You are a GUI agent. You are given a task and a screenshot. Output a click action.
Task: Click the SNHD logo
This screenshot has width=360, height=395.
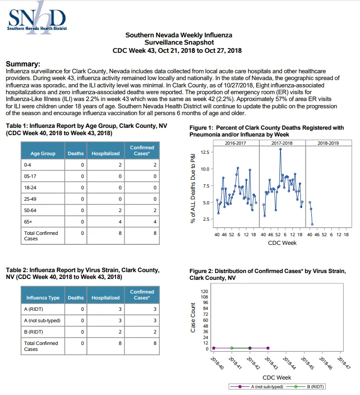[37, 18]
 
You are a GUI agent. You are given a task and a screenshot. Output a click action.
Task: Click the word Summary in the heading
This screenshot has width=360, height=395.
[23, 64]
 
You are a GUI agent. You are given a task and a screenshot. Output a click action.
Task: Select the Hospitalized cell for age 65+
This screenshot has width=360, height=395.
[106, 222]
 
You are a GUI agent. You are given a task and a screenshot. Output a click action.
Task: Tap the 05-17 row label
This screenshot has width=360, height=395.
[30, 177]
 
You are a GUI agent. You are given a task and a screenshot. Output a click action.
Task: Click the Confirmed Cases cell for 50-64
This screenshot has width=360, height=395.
[142, 210]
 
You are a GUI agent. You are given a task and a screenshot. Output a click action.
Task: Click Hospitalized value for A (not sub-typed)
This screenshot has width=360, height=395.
[106, 320]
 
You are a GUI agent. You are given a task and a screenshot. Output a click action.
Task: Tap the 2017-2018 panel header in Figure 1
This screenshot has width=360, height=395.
[282, 143]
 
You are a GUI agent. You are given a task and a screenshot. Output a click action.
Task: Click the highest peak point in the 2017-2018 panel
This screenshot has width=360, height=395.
[280, 149]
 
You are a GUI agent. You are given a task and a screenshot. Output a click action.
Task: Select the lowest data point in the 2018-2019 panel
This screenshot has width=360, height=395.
[312, 224]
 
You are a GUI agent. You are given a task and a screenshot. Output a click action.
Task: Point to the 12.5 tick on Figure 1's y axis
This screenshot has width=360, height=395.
[205, 152]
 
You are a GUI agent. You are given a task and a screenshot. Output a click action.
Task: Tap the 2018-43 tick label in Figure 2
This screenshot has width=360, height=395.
[271, 364]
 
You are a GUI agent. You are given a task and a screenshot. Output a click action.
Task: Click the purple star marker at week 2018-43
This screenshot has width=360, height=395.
[268, 348]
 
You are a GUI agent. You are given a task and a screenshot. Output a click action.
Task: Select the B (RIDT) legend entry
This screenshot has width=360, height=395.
[305, 386]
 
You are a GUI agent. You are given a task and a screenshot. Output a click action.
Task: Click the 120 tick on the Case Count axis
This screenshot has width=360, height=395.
[204, 291]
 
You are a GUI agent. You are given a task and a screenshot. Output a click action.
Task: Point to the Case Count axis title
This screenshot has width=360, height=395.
[193, 318]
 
